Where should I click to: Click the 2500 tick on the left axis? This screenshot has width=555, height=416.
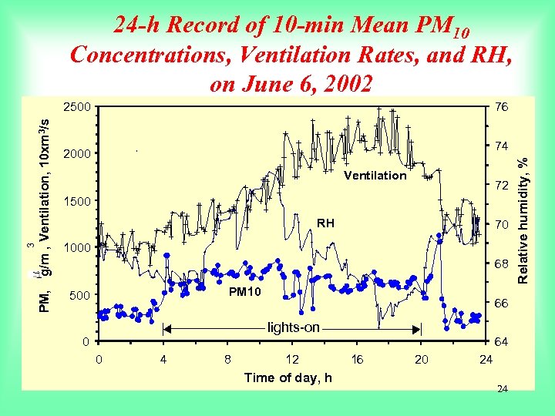coord(77,106)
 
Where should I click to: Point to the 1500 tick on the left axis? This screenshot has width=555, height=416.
coord(77,201)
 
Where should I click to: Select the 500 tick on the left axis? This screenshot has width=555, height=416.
coord(80,295)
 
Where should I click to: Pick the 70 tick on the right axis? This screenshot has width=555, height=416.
coord(501,224)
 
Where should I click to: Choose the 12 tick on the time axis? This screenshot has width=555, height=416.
coord(292,359)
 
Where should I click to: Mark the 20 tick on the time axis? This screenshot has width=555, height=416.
coord(422,359)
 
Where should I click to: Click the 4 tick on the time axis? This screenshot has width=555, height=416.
coord(163,359)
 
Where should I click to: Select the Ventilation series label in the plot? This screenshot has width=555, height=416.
coord(375,176)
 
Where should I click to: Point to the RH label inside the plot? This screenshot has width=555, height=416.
coord(326,223)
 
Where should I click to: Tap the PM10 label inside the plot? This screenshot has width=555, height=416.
coord(245,293)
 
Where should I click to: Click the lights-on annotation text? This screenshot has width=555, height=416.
coord(293,327)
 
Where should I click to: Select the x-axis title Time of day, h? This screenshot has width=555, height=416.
coord(288,377)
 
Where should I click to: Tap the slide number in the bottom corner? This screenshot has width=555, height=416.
coord(502,390)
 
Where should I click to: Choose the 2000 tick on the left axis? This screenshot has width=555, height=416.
coord(77,154)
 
